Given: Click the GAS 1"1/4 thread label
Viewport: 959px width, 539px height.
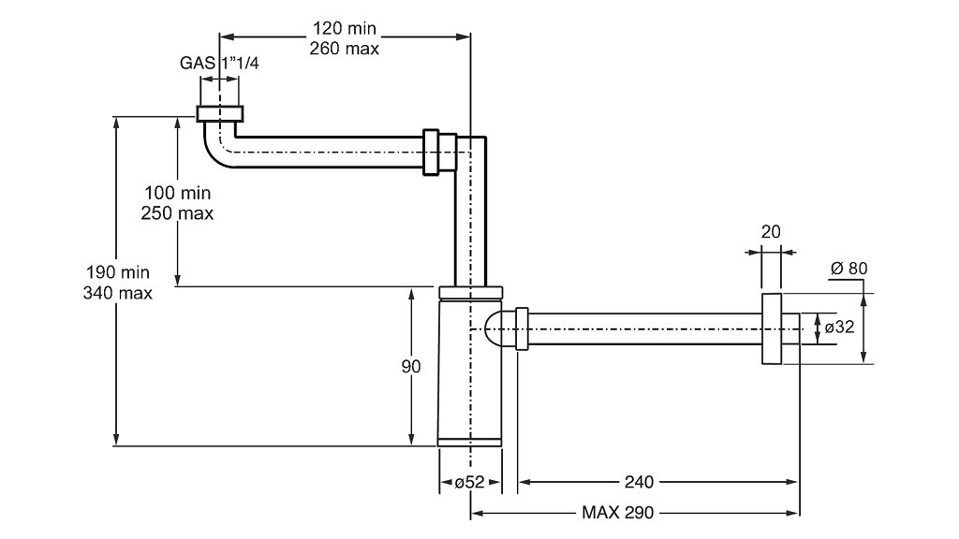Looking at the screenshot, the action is click(219, 63).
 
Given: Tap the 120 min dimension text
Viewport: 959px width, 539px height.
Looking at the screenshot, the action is click(345, 28).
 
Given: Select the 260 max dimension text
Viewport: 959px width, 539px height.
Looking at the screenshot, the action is click(345, 49).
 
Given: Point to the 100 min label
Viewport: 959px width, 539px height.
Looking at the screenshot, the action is click(177, 193).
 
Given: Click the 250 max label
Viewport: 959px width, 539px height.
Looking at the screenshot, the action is click(177, 213).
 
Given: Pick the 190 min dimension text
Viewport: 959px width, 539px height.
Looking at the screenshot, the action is click(117, 272).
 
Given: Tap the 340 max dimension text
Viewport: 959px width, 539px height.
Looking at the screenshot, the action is click(117, 293).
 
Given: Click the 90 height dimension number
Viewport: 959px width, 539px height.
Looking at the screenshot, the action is click(411, 367).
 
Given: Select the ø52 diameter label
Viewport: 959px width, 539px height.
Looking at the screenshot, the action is click(470, 482).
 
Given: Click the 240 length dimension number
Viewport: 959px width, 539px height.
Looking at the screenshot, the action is click(639, 482).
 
